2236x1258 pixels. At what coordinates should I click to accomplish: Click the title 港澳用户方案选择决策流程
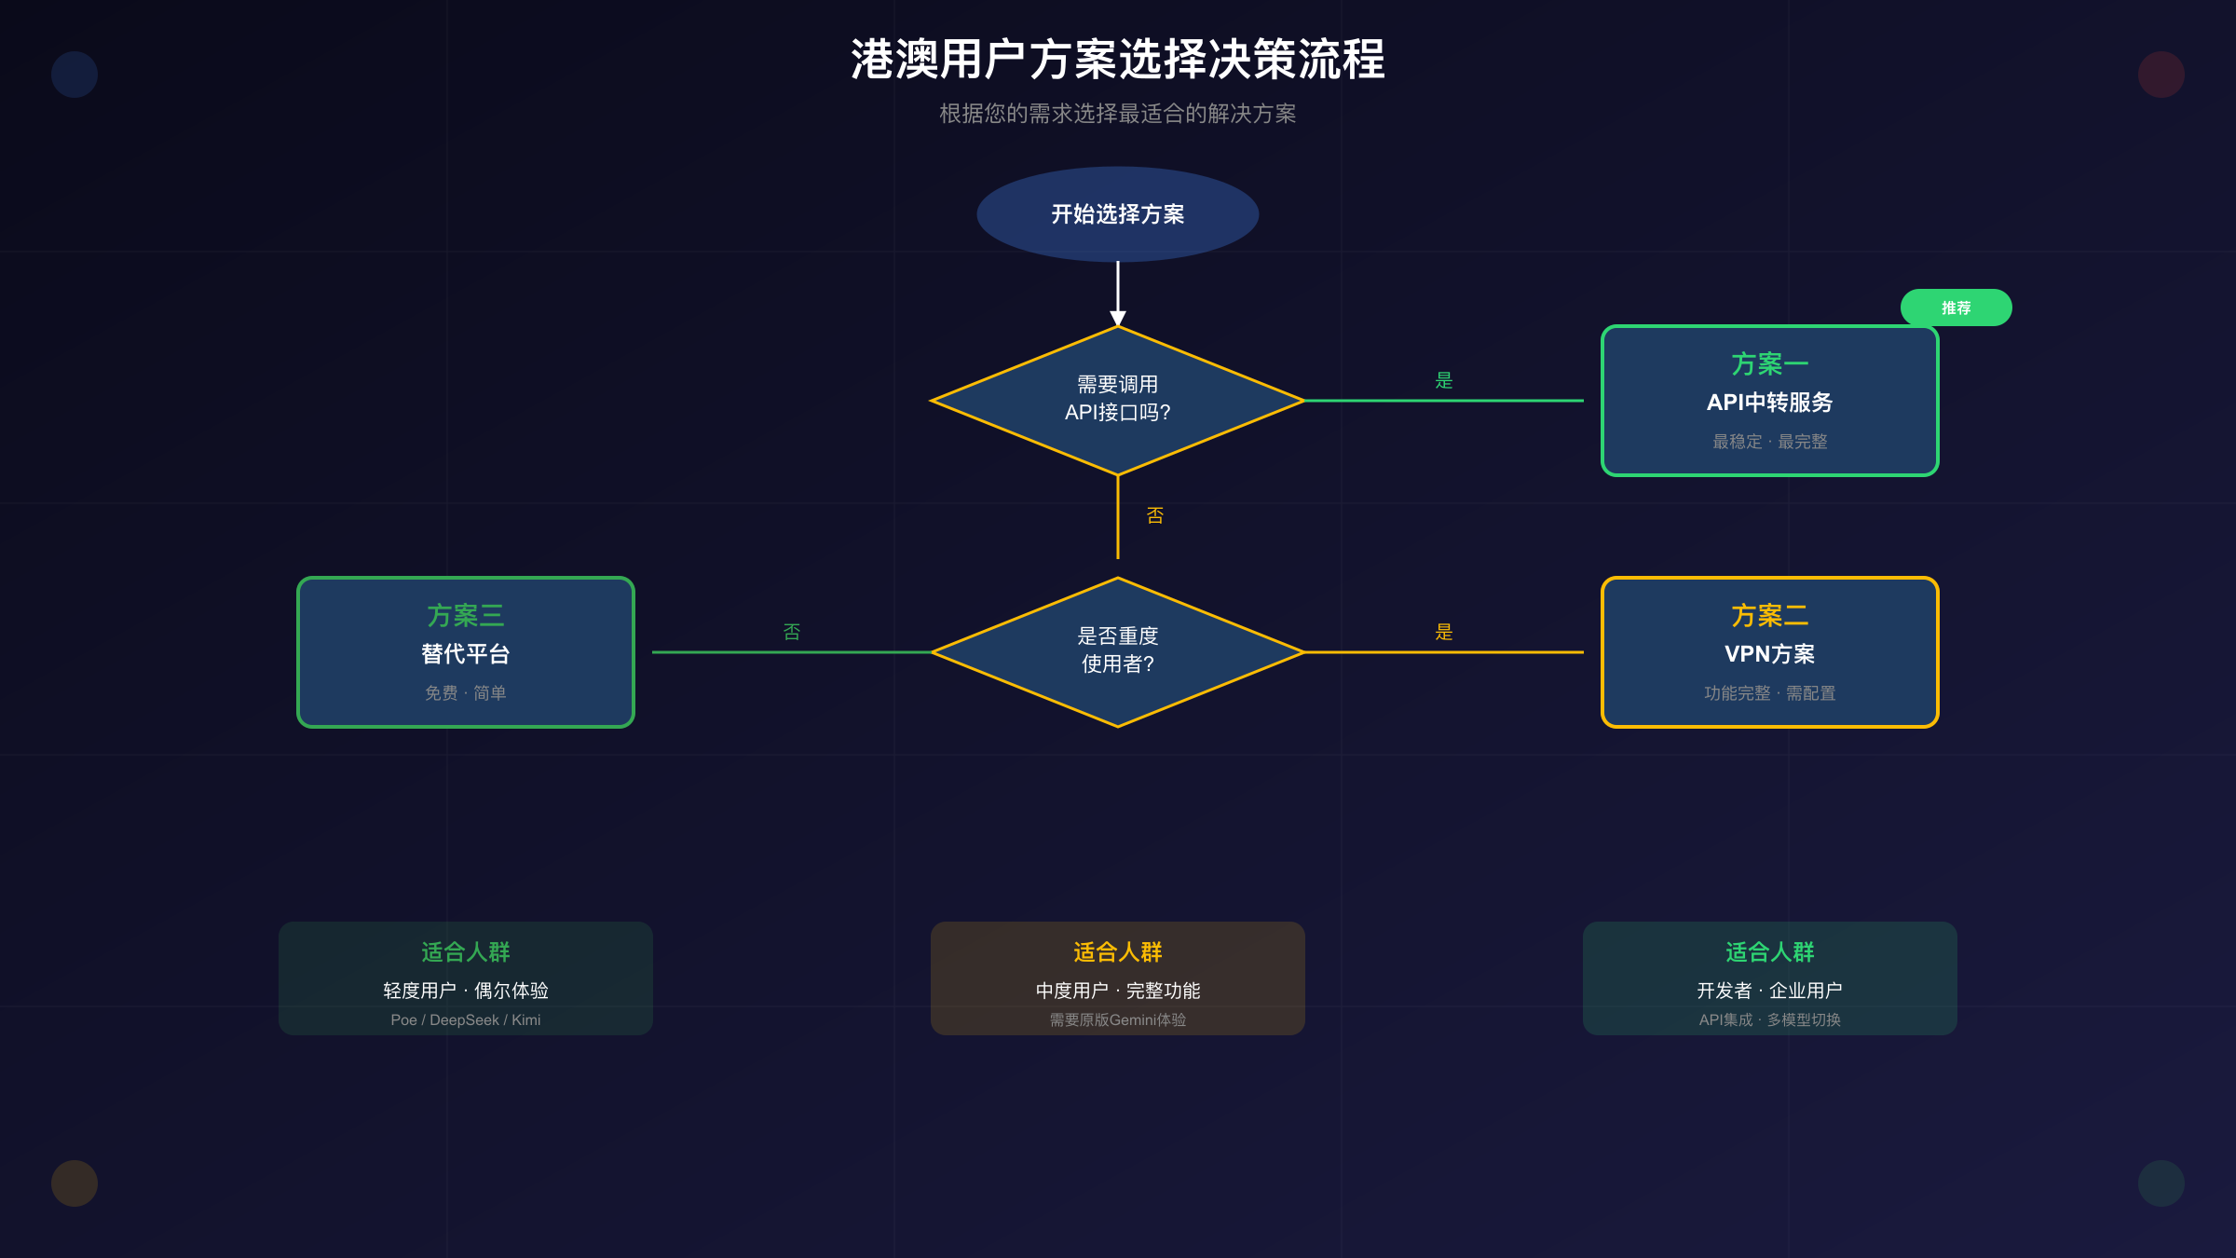pyautogui.click(x=1117, y=60)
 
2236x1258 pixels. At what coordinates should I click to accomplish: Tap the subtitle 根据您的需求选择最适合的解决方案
pyautogui.click(x=1117, y=114)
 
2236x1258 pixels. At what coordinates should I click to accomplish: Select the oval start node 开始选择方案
pyautogui.click(x=1117, y=214)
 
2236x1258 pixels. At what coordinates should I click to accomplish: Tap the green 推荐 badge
pyautogui.click(x=1956, y=308)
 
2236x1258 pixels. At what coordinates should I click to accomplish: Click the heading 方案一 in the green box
pyautogui.click(x=1769, y=364)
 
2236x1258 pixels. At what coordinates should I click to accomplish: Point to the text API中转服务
pyautogui.click(x=1769, y=403)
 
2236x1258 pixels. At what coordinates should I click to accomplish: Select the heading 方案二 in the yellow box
pyautogui.click(x=1769, y=616)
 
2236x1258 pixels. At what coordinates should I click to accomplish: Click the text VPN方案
pyautogui.click(x=1769, y=654)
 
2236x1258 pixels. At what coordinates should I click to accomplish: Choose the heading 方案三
pyautogui.click(x=465, y=616)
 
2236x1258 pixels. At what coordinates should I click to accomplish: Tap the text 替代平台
pyautogui.click(x=465, y=654)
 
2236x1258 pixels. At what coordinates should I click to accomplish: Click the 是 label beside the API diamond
pyautogui.click(x=1443, y=380)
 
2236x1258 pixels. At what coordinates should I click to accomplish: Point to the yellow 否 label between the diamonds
pyautogui.click(x=1154, y=515)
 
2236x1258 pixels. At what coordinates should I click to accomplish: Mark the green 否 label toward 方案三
pyautogui.click(x=791, y=632)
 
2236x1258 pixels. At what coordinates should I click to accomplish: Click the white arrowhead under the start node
pyautogui.click(x=1118, y=319)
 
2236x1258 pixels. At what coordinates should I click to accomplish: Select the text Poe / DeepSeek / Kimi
pyautogui.click(x=465, y=1020)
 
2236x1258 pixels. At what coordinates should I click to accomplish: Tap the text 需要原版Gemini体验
pyautogui.click(x=1117, y=1020)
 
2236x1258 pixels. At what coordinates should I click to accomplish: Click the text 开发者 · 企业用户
pyautogui.click(x=1769, y=991)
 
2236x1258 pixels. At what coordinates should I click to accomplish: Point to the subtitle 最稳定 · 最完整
pyautogui.click(x=1769, y=442)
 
